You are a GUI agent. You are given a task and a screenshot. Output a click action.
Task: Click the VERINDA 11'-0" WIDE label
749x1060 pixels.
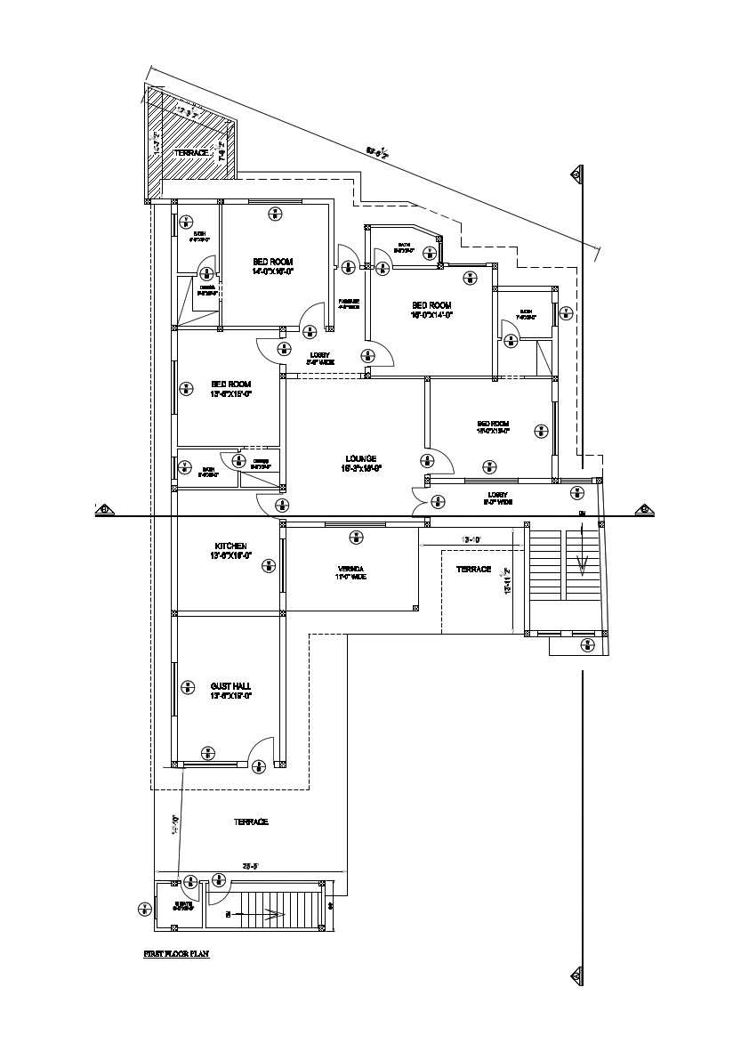tap(351, 572)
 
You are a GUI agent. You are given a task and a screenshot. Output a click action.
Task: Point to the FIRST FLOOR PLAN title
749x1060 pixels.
tap(176, 953)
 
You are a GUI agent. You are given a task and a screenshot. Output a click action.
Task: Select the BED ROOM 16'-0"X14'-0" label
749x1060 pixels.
tap(431, 310)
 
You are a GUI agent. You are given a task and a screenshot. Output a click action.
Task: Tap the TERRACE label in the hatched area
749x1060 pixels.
tap(191, 153)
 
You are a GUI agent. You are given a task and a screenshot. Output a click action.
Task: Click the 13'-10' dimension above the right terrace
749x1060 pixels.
tap(471, 540)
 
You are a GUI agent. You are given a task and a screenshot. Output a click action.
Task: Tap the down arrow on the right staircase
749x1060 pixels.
tap(582, 563)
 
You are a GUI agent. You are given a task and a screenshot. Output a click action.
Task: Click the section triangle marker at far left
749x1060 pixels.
tap(103, 509)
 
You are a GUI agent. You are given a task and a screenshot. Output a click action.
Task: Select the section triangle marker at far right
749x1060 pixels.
tap(642, 509)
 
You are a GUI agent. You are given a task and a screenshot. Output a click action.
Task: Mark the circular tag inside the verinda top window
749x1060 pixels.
tap(356, 536)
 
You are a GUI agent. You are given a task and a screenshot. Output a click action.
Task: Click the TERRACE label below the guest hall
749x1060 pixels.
tap(251, 821)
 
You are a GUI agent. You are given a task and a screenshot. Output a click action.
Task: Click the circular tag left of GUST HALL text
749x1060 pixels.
tap(187, 685)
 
